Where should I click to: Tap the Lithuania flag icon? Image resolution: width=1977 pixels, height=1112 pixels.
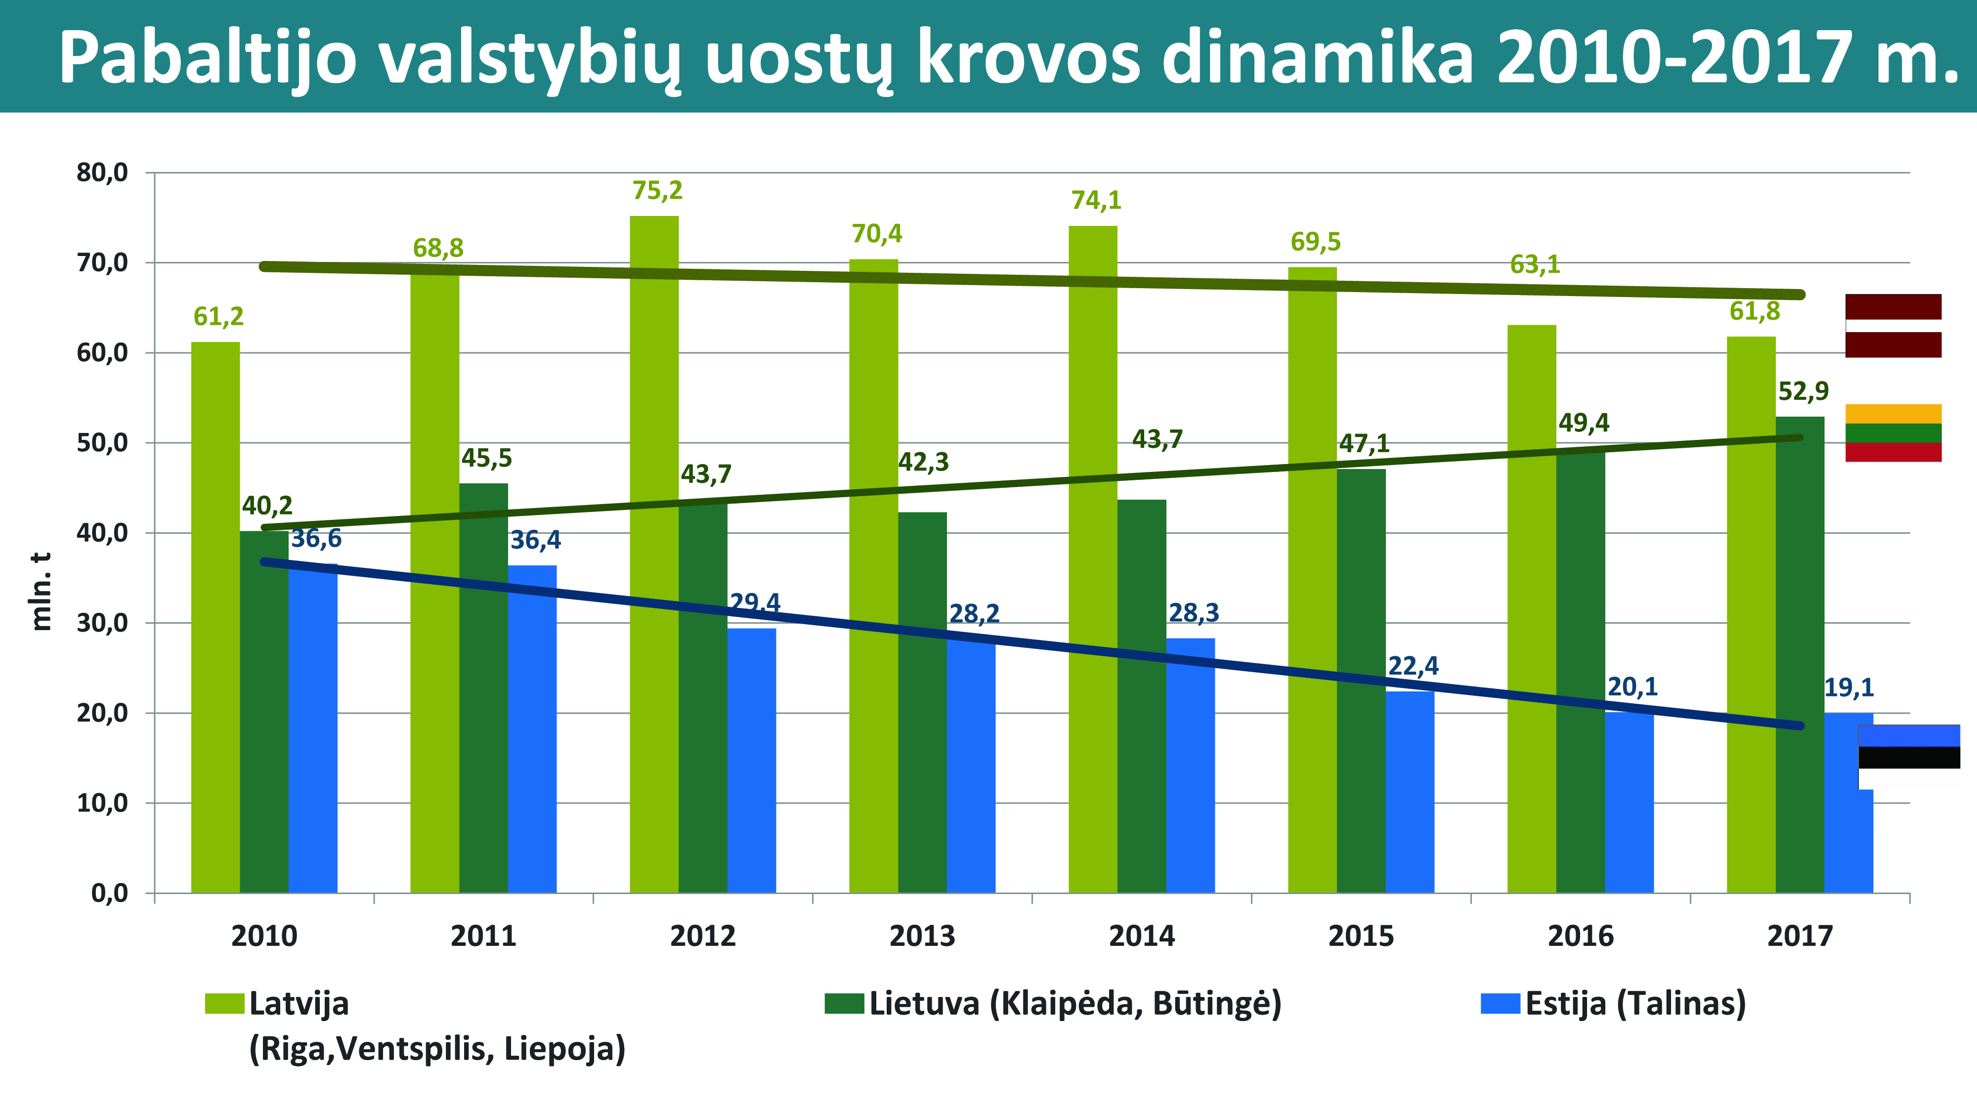[1892, 433]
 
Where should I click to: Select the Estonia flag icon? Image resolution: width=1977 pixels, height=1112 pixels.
[1909, 757]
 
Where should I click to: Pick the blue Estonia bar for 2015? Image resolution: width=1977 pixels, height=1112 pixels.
[1410, 792]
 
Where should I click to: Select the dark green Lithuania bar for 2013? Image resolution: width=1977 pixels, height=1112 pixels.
[922, 702]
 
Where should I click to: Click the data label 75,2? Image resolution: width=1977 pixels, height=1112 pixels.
[657, 190]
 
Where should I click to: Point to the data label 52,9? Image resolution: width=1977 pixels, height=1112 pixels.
[1804, 391]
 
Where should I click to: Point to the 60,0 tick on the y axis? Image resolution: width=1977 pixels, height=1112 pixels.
[102, 353]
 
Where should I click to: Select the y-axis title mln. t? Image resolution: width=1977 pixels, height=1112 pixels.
[41, 591]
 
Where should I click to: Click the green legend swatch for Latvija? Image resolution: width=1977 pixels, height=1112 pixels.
[224, 1003]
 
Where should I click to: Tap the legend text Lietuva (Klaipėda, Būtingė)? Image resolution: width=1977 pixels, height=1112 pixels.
[1075, 1003]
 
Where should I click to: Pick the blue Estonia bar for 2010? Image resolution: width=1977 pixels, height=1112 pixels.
[313, 729]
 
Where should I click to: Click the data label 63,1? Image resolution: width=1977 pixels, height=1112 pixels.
[1535, 265]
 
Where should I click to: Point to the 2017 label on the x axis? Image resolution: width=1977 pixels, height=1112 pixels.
[1800, 936]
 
